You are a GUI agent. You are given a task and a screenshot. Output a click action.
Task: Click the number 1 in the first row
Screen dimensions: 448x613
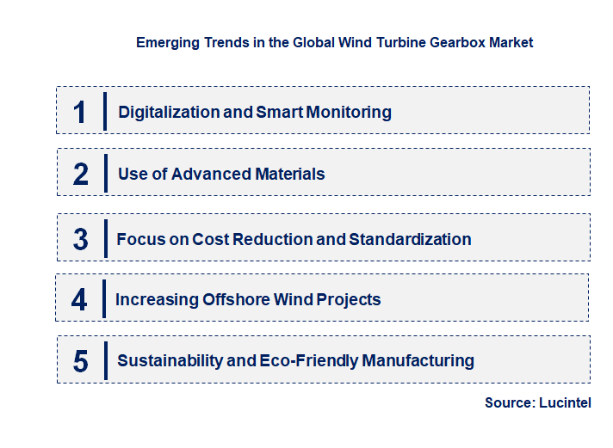tap(80, 112)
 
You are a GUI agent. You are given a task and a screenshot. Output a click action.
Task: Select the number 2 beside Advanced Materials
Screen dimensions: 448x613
tap(81, 174)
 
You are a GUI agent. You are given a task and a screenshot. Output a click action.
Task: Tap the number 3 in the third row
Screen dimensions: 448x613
tap(80, 239)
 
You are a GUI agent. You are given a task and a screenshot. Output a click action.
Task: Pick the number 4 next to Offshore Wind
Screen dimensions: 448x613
tap(79, 299)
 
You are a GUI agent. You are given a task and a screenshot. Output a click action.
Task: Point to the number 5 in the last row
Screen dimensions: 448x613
tap(80, 361)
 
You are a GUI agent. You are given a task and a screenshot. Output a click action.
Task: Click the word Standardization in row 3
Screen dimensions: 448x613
tap(409, 239)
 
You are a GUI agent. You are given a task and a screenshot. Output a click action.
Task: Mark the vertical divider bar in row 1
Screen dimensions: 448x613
tap(104, 111)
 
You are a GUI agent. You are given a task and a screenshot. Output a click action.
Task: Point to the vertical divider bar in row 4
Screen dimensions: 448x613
tap(103, 298)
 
